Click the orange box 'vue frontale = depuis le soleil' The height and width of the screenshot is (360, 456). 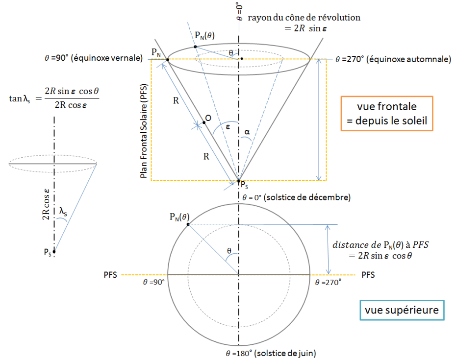(x=387, y=114)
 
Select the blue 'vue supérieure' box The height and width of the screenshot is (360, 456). (x=402, y=310)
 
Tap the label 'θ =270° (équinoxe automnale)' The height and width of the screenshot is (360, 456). (x=393, y=59)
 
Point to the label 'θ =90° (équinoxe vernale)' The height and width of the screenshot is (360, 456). (x=94, y=58)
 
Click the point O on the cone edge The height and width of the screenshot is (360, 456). (x=204, y=122)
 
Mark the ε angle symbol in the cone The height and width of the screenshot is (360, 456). (x=228, y=127)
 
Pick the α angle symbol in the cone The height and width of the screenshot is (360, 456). (x=247, y=132)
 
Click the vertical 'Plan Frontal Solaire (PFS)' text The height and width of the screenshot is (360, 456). (x=144, y=131)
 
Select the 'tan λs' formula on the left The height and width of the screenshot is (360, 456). (x=54, y=98)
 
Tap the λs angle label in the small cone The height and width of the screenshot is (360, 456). (x=63, y=211)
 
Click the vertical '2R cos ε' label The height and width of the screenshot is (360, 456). (x=46, y=204)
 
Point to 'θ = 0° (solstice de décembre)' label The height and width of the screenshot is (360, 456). (x=296, y=197)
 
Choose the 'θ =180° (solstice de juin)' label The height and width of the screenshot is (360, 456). (x=271, y=353)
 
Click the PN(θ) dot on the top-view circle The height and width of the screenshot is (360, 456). (x=188, y=224)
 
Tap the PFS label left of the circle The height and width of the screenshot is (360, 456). (x=110, y=275)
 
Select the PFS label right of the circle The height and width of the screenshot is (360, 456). (x=368, y=275)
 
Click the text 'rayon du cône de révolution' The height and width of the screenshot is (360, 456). (x=304, y=18)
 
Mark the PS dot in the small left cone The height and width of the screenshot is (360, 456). (x=54, y=251)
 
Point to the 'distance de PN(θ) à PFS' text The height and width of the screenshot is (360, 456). (x=380, y=245)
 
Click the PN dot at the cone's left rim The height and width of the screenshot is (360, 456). (x=168, y=60)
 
